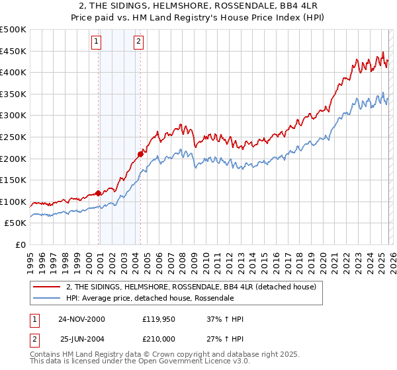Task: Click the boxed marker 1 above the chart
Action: [x=97, y=42]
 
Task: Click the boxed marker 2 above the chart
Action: [x=139, y=42]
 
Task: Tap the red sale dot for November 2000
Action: [x=99, y=193]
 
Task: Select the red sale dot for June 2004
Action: [x=140, y=154]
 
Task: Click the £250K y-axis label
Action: [x=13, y=137]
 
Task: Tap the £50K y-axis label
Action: [x=15, y=223]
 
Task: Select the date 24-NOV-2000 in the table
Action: [x=82, y=319]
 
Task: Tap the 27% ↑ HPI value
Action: [x=225, y=338]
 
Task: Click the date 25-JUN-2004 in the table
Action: [x=82, y=338]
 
